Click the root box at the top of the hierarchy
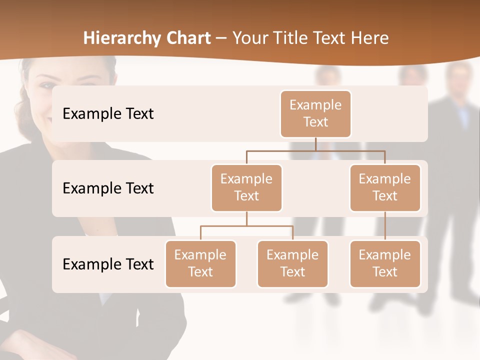point(315,114)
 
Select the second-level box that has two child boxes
point(246,188)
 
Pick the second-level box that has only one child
point(385,188)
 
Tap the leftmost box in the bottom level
point(200,264)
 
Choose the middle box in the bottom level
point(292,264)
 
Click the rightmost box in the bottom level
point(385,264)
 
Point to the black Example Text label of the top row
point(108,114)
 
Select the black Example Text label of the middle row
point(108,188)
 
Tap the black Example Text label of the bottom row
point(108,264)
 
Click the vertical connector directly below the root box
point(315,144)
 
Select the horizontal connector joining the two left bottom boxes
point(246,226)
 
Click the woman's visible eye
point(46,85)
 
